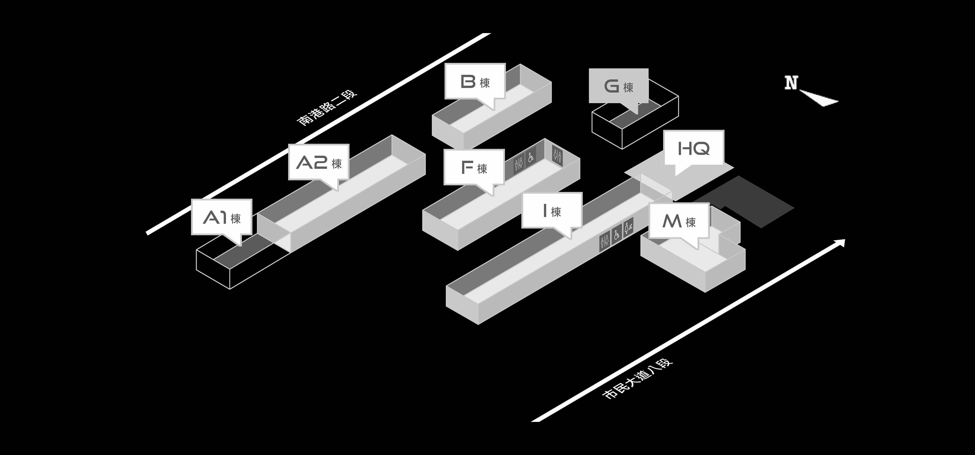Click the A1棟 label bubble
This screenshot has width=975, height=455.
pos(221,217)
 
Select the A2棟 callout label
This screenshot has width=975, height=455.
pos(318,162)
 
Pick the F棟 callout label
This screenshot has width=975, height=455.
pos(474,167)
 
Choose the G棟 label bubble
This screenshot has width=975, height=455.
pos(618,86)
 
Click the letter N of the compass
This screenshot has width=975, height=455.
pos(791,83)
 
